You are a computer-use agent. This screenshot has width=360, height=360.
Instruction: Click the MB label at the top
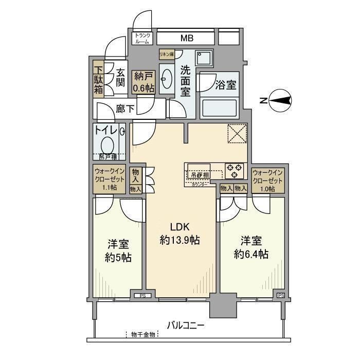click(186, 38)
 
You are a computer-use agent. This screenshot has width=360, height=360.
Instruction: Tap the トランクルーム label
click(142, 39)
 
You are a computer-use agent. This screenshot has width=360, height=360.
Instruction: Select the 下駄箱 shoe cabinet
click(98, 78)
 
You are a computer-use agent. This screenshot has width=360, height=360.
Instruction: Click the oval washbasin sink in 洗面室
click(167, 78)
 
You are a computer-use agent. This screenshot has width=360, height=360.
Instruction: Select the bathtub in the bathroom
click(219, 109)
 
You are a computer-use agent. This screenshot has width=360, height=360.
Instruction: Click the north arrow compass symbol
click(281, 100)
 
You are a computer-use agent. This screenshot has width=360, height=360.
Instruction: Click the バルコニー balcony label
click(186, 325)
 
